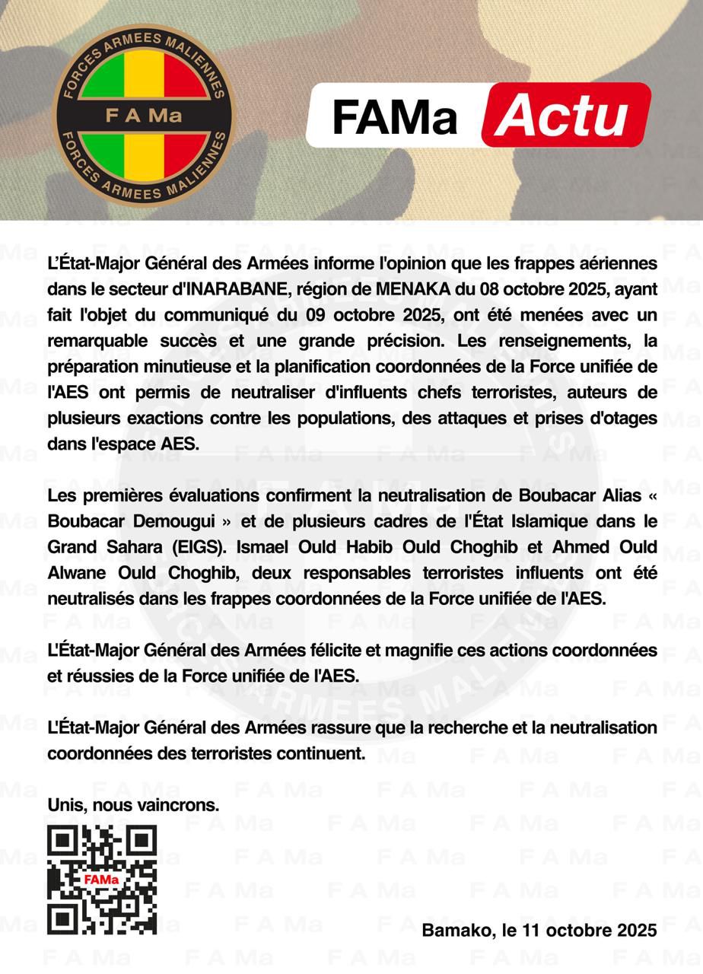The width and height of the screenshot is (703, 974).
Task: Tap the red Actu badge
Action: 566,116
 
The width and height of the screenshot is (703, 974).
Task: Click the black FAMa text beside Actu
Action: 394,117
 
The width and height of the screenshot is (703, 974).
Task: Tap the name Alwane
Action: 78,573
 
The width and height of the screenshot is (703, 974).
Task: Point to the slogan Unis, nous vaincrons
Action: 133,805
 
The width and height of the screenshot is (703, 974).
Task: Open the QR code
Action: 102,880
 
